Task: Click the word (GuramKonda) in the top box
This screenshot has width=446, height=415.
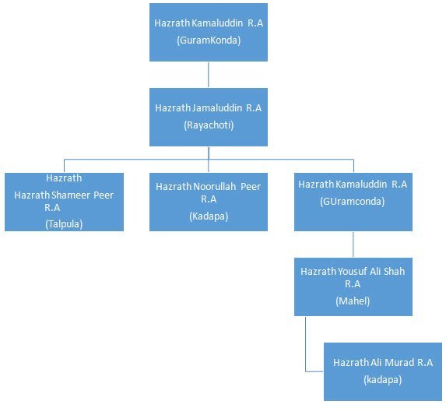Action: click(x=209, y=40)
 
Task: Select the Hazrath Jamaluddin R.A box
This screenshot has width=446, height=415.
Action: click(x=209, y=117)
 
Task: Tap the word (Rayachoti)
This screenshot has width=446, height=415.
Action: click(x=209, y=125)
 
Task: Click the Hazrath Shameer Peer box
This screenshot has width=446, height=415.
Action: click(x=64, y=202)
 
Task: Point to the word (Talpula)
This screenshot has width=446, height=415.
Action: click(x=64, y=224)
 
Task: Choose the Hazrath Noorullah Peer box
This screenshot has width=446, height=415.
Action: click(x=209, y=202)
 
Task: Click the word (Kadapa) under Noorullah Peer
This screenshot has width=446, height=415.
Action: click(x=209, y=216)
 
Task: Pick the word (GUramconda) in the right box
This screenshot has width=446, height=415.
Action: click(x=353, y=202)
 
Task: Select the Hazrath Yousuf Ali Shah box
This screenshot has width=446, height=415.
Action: click(x=353, y=287)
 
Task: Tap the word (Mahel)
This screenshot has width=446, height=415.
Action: click(x=353, y=301)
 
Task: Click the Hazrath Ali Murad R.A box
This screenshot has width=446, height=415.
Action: click(x=383, y=371)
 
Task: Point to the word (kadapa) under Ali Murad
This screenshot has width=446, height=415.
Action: click(x=383, y=380)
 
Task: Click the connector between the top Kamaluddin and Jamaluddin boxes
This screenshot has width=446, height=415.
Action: click(x=209, y=75)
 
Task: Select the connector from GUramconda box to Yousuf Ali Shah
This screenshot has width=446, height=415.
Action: click(x=353, y=244)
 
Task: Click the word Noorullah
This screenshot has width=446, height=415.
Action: click(x=215, y=187)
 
